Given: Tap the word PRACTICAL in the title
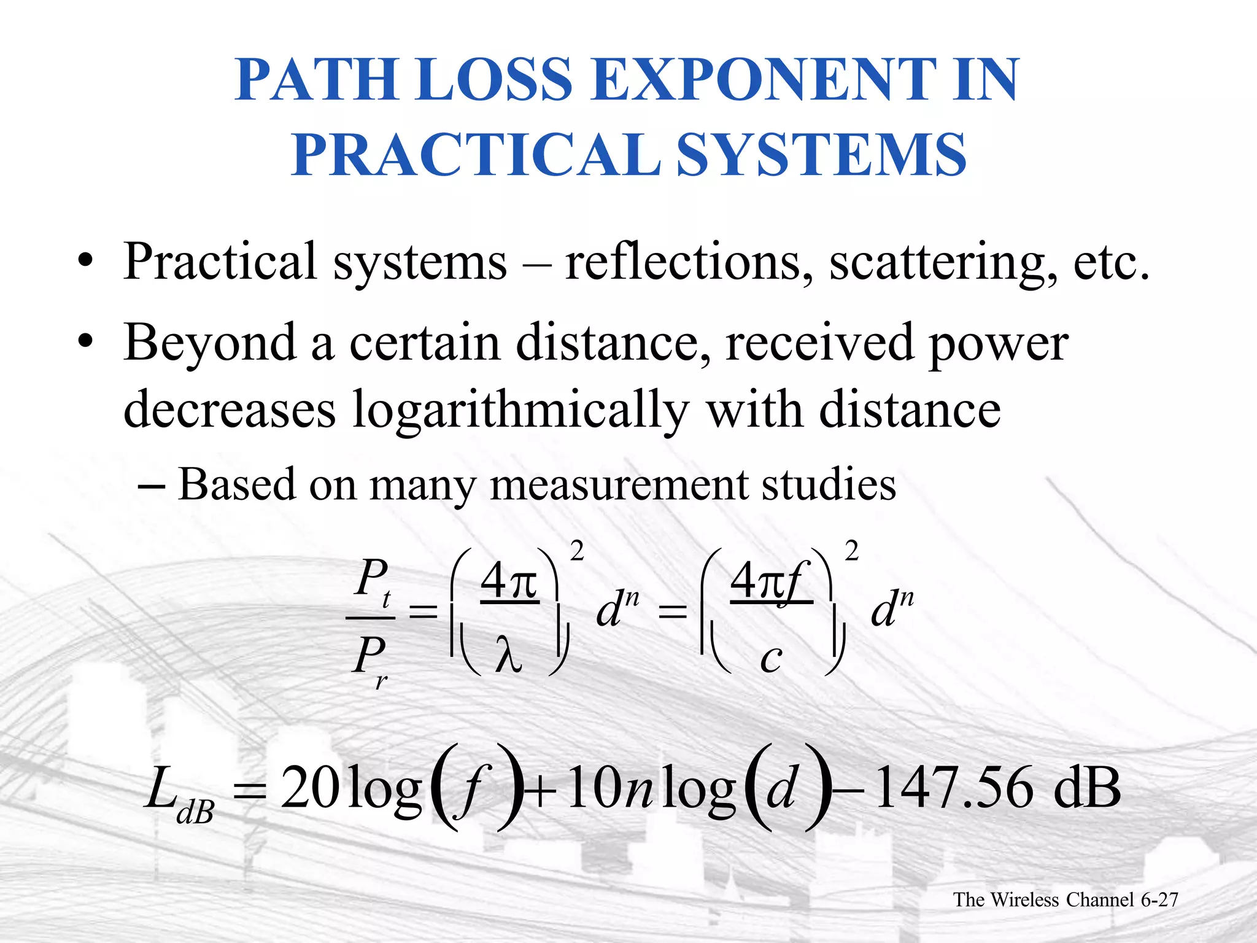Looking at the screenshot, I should pos(476,155).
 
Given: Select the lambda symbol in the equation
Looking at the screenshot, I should pos(509,655).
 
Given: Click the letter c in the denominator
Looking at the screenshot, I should pos(771,658).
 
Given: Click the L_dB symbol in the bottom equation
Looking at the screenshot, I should pos(178,792).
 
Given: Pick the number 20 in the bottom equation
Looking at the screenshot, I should pos(310,788).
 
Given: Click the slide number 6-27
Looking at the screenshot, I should pos(1159,899).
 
